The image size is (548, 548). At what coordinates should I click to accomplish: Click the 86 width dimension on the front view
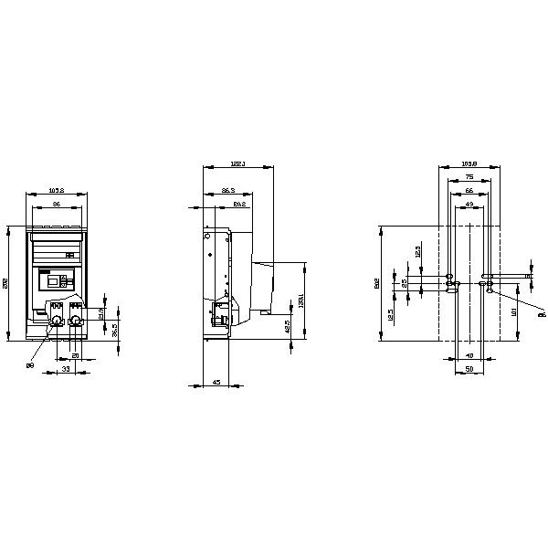56,205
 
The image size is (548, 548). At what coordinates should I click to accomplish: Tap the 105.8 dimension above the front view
56,191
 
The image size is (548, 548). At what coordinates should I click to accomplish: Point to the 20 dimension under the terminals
76,354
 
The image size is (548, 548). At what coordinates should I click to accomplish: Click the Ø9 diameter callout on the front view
30,365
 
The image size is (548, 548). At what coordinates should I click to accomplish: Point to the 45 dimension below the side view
215,382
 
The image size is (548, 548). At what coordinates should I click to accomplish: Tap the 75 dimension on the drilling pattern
469,176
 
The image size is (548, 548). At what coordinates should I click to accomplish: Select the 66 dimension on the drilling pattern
469,191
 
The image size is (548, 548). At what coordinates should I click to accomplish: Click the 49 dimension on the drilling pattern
469,205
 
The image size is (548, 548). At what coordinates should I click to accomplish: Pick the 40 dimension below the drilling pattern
469,354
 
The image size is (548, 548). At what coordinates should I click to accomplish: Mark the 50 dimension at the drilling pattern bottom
469,369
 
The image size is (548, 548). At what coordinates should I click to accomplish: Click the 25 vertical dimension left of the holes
406,282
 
